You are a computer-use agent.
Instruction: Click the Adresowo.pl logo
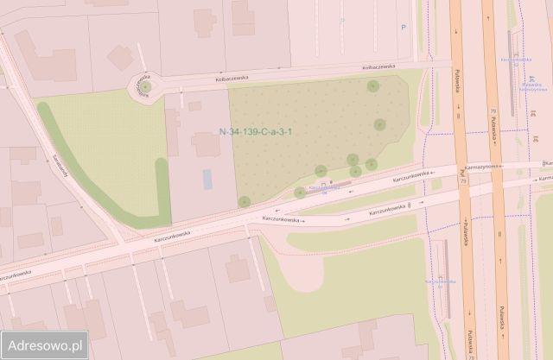tap(44, 344)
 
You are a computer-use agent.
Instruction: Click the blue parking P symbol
tap(403, 28)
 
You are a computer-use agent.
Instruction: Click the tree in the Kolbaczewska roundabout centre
tap(146, 86)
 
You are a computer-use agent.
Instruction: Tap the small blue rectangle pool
tap(207, 180)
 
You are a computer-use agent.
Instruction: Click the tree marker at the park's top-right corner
tap(372, 86)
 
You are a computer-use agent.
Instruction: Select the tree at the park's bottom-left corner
tap(245, 201)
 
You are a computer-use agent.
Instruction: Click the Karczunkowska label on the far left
tap(16, 274)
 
